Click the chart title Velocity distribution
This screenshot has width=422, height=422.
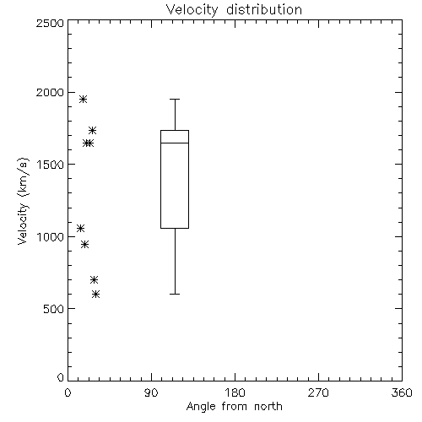tap(234, 10)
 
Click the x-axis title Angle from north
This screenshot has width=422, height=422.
tap(234, 407)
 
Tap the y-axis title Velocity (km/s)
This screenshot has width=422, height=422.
tap(23, 201)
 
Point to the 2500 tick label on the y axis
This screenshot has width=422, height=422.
tap(50, 23)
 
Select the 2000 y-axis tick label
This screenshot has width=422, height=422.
tap(50, 92)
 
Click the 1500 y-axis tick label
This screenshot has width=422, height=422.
tap(51, 165)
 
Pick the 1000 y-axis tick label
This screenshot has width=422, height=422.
tap(51, 236)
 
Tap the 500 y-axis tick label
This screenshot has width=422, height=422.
tap(54, 309)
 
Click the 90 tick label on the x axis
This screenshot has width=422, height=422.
tap(151, 392)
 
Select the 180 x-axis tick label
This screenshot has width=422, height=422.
tap(235, 392)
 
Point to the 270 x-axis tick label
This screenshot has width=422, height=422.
tap(318, 392)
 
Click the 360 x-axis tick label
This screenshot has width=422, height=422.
tap(402, 392)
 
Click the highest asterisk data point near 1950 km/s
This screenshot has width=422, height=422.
tap(83, 99)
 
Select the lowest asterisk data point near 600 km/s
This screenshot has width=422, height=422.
tap(96, 295)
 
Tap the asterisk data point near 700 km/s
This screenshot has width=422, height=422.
tap(94, 280)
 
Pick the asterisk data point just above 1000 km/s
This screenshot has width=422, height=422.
tap(81, 228)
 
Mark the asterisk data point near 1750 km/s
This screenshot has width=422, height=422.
tap(92, 130)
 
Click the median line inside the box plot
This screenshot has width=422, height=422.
tap(175, 143)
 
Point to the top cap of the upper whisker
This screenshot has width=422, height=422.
tap(175, 99)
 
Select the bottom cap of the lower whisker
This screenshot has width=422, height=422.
tap(175, 295)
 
